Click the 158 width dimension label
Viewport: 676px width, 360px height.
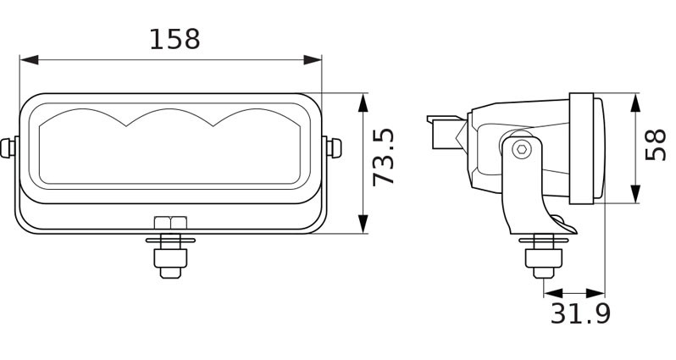point(175,39)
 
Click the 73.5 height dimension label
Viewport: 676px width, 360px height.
point(384,158)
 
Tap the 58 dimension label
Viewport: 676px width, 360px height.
point(656,145)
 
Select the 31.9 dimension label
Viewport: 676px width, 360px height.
point(580,314)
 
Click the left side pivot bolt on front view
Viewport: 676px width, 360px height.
point(9,147)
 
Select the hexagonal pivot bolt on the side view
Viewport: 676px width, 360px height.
point(521,149)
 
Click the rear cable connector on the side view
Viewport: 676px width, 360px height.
point(445,131)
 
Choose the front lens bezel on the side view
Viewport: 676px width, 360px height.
point(585,148)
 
